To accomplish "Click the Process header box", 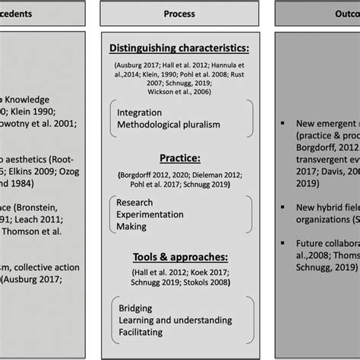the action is [179, 13].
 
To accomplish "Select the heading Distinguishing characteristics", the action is [179, 49].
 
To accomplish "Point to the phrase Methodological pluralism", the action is [167, 125].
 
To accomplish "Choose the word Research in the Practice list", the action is [134, 203].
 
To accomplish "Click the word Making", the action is [132, 227].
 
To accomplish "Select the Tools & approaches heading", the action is [179, 256].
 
